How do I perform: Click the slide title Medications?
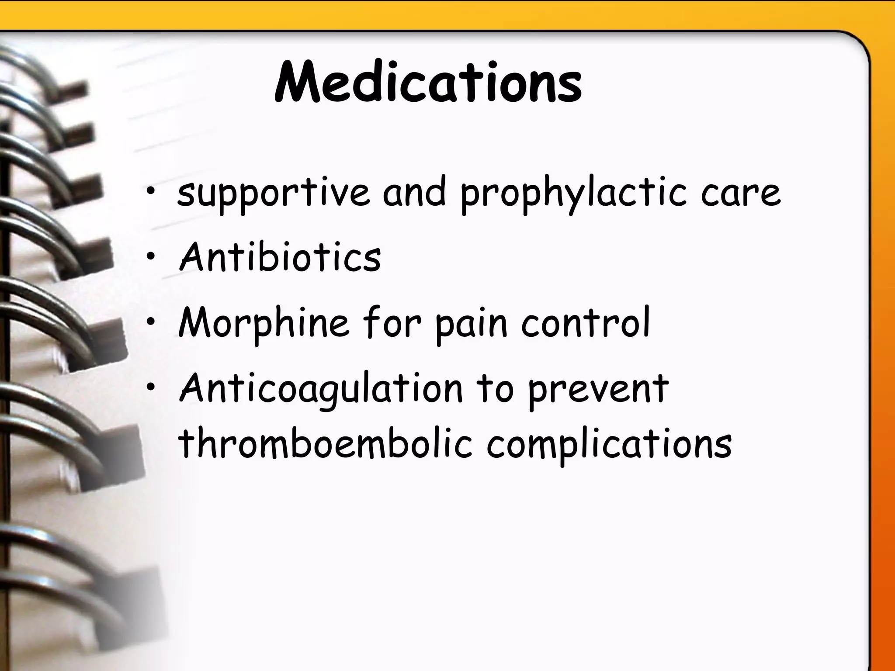[428, 83]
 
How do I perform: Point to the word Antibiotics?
[280, 257]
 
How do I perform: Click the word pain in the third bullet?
[472, 323]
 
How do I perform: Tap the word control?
[586, 323]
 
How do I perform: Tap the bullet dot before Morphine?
[151, 322]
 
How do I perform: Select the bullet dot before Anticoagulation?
[151, 387]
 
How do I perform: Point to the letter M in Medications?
[297, 83]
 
